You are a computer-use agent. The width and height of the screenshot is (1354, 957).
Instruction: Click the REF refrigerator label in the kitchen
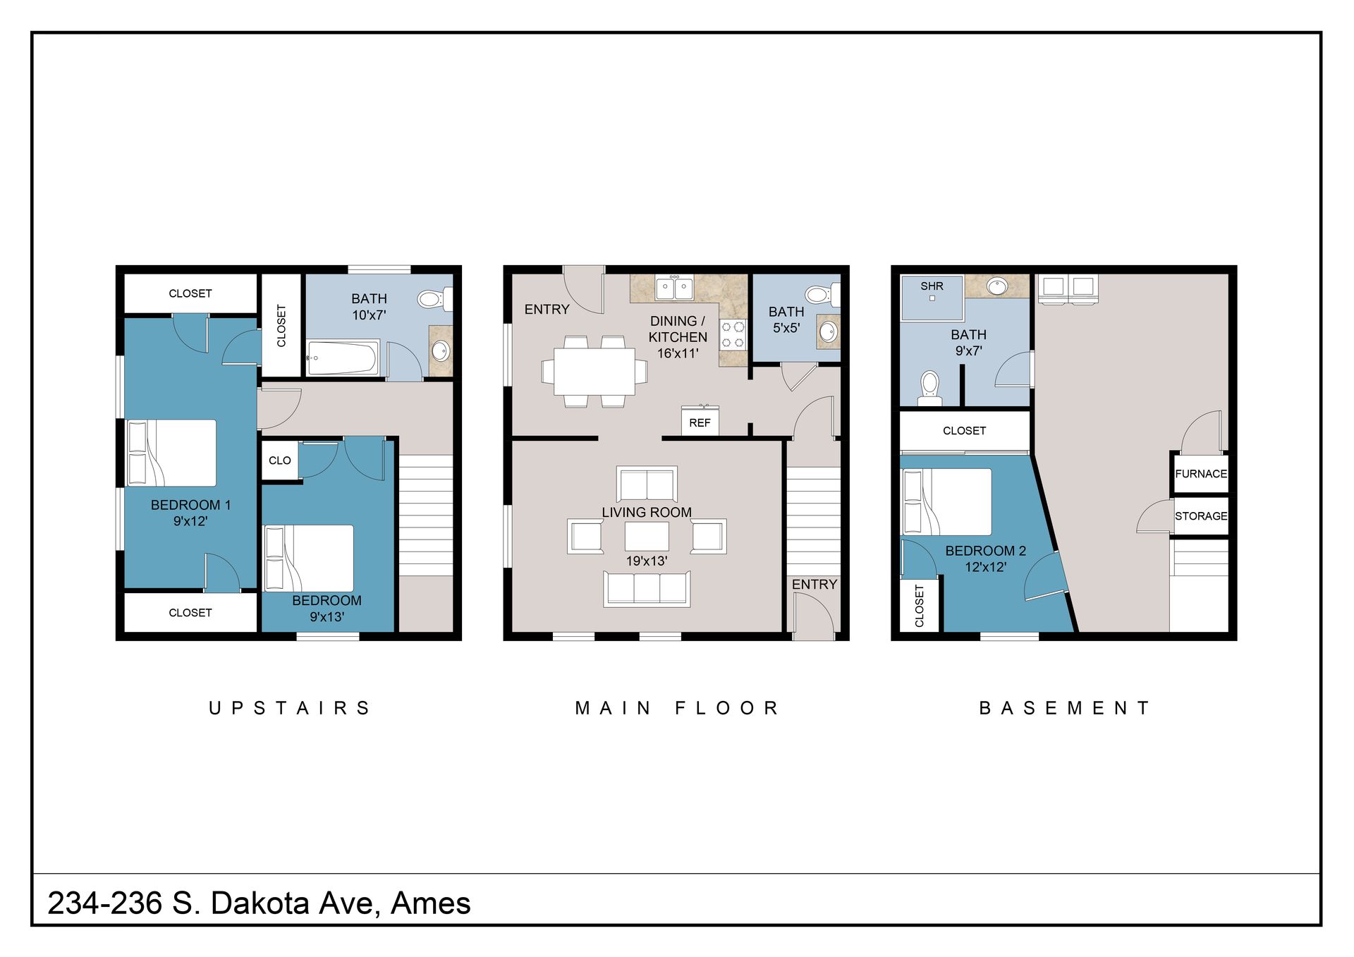click(x=700, y=422)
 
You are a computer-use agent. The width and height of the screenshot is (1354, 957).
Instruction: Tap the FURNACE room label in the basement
click(x=1200, y=474)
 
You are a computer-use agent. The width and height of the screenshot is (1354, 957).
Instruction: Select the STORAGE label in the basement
click(x=1200, y=516)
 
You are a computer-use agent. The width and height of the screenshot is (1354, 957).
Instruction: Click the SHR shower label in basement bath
click(x=932, y=286)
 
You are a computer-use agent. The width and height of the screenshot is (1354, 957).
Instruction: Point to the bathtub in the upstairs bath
click(x=343, y=358)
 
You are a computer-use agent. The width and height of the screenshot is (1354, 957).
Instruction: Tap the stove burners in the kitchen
click(x=733, y=334)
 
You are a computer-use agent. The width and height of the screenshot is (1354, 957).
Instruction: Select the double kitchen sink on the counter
click(x=674, y=287)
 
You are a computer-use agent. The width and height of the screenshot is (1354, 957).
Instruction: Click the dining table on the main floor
click(x=594, y=372)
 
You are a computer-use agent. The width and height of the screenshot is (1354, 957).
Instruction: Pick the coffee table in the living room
click(x=646, y=536)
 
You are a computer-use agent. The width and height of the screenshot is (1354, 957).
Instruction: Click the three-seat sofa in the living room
click(x=647, y=589)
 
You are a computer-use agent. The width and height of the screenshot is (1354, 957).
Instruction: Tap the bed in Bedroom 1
click(x=171, y=453)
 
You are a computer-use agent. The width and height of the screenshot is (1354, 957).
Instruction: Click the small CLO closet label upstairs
click(x=279, y=461)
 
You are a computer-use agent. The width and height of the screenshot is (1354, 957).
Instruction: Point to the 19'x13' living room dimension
click(x=646, y=561)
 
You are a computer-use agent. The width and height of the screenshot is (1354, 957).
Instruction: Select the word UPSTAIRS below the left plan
click(x=289, y=708)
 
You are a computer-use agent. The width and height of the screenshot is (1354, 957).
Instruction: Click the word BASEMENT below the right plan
click(x=1064, y=708)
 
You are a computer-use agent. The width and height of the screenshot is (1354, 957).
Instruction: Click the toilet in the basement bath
click(x=930, y=388)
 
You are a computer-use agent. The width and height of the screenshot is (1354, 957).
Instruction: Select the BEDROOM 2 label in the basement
click(x=985, y=551)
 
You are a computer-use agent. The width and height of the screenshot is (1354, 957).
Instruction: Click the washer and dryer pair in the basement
click(x=1068, y=288)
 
